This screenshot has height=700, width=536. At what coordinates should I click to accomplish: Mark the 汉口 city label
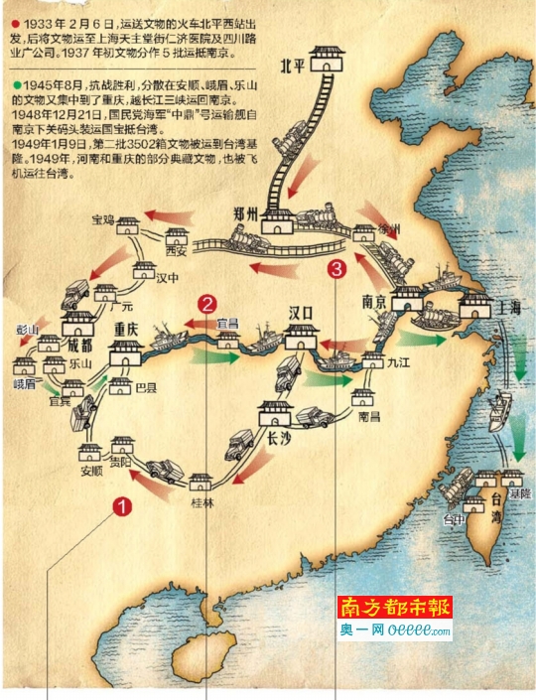(x=301, y=313)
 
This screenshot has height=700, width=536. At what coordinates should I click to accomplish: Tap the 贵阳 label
(x=121, y=462)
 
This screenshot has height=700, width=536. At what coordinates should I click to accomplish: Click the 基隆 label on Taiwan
(x=519, y=492)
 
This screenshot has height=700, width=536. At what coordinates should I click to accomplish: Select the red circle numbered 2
(x=206, y=305)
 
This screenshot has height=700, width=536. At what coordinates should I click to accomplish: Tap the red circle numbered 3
(x=338, y=267)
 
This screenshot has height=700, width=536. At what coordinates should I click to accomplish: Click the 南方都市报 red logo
(x=395, y=608)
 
